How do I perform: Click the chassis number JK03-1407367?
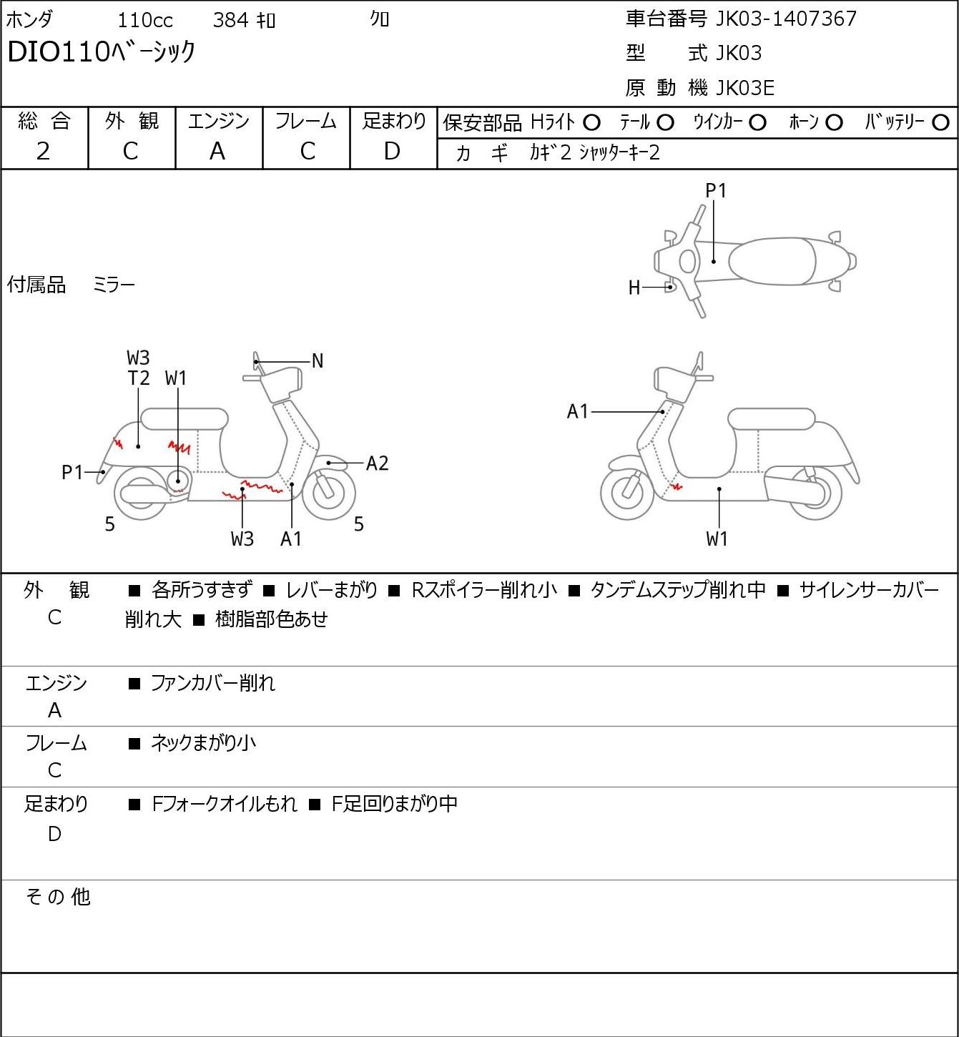click(x=786, y=19)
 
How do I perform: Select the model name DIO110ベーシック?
click(x=102, y=52)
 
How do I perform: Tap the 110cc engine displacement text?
click(x=145, y=21)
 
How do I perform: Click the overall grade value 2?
click(x=44, y=152)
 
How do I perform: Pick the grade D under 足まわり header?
click(x=393, y=152)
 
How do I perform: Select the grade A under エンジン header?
click(x=217, y=152)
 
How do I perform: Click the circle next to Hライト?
click(x=592, y=123)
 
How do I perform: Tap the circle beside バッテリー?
click(x=940, y=123)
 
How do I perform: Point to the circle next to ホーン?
click(x=834, y=123)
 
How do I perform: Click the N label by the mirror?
click(x=318, y=361)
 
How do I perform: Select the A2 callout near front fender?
click(x=377, y=463)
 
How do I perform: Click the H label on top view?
click(x=634, y=287)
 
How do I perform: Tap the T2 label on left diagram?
click(x=139, y=378)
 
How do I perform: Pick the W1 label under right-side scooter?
click(x=717, y=539)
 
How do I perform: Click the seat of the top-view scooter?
click(x=771, y=261)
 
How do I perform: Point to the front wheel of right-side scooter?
click(x=628, y=493)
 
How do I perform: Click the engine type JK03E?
click(x=745, y=88)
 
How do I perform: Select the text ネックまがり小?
click(x=203, y=743)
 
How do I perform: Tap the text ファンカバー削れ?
click(x=212, y=683)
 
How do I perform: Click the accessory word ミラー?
click(x=114, y=285)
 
